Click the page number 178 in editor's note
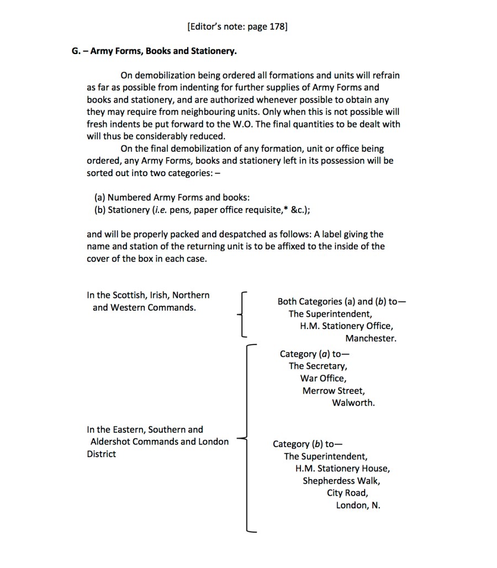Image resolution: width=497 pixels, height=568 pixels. (x=276, y=26)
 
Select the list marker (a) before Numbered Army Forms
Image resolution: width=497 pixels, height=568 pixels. (x=99, y=198)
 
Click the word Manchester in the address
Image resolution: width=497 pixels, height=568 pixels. (x=371, y=338)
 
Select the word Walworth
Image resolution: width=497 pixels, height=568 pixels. (x=353, y=403)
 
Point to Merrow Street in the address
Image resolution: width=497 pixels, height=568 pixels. (x=333, y=391)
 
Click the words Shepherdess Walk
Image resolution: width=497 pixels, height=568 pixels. (x=341, y=481)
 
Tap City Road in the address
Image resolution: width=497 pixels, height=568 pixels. (x=347, y=493)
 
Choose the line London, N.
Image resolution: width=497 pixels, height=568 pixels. (x=358, y=505)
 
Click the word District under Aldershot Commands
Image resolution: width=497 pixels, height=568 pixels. (x=101, y=454)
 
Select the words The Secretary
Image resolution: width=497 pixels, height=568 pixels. (x=318, y=366)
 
